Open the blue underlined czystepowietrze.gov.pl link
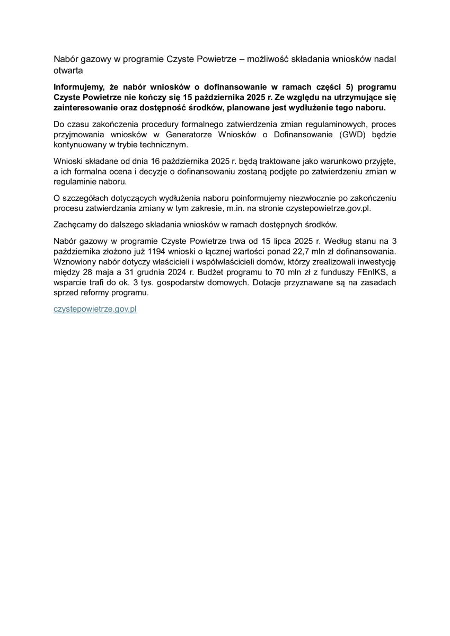(95, 308)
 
